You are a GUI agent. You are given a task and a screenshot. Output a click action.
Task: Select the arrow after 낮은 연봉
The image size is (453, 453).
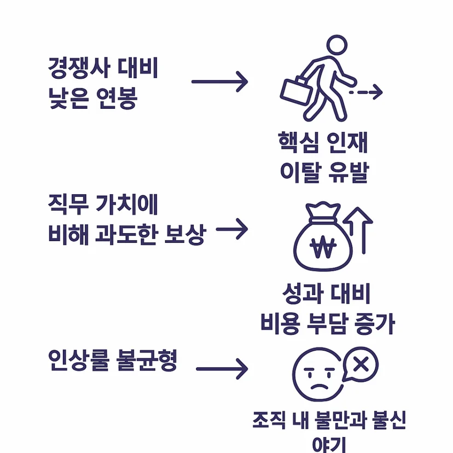point(219,82)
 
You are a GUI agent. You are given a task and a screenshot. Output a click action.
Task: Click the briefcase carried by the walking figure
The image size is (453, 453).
point(296,91)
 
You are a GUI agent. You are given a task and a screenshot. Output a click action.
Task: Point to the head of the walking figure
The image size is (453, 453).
point(337,45)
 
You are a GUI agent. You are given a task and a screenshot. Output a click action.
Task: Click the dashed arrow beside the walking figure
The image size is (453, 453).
point(366,92)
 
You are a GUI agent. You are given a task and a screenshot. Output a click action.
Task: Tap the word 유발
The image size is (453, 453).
point(349,172)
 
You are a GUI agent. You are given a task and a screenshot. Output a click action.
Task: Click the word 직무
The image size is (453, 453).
point(68,205)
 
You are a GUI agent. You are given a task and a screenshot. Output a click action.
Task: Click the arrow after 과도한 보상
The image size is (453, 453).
point(232,229)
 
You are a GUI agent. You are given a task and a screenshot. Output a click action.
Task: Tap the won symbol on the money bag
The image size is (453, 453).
point(323,247)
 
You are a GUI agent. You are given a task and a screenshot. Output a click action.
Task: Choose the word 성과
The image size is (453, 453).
point(303,294)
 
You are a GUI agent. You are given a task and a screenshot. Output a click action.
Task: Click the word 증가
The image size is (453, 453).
point(374,323)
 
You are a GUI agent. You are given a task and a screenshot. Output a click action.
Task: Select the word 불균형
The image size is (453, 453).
point(147,360)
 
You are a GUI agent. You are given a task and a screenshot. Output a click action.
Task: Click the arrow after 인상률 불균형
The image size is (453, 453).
point(222,369)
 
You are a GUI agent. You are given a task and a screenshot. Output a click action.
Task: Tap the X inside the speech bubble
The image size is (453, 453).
point(361,364)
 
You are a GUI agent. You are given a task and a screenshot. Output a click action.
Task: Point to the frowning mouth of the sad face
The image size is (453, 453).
point(320,387)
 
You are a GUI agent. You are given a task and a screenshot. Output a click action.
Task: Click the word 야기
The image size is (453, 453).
point(329,445)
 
